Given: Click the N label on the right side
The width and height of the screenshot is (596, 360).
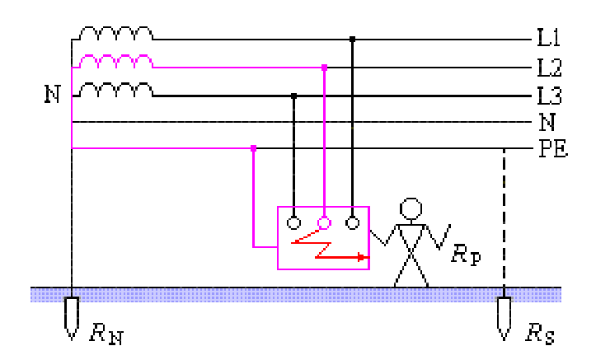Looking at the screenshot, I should point(547,124).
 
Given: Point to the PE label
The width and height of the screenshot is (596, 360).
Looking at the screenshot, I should point(552,151).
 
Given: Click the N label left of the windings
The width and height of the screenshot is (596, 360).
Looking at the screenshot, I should point(52,95).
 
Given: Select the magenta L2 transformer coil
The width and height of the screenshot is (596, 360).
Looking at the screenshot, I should point(115,62).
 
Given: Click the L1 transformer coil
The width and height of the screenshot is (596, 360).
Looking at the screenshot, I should point(115,33).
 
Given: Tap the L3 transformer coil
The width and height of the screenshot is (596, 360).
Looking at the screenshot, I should point(115,90).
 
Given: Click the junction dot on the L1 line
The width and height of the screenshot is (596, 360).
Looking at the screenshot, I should point(353,39).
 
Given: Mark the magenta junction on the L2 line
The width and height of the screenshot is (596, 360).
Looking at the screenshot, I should point(324,67).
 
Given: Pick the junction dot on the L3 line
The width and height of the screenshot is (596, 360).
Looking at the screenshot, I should point(294,96).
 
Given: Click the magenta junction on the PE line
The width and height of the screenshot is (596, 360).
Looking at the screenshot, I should point(253,148).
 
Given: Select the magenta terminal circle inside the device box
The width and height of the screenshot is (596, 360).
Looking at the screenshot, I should point(324,222).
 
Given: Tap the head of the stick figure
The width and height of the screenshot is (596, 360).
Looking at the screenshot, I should point(410,208).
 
